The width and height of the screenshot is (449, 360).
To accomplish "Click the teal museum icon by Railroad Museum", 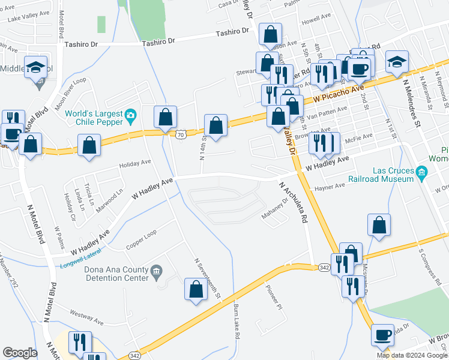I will [x=422, y=174].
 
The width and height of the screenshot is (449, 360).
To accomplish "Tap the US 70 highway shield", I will [x=181, y=135].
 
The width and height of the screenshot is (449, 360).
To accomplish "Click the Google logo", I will [x=20, y=352].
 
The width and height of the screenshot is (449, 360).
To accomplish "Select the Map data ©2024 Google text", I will [x=412, y=355].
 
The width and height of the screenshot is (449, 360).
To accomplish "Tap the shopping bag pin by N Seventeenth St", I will [x=196, y=290].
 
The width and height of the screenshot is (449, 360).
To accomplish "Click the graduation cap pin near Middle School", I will [x=37, y=67].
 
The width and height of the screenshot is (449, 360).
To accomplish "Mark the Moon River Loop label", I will [x=70, y=92].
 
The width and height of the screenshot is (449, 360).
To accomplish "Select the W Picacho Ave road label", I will [x=339, y=92].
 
